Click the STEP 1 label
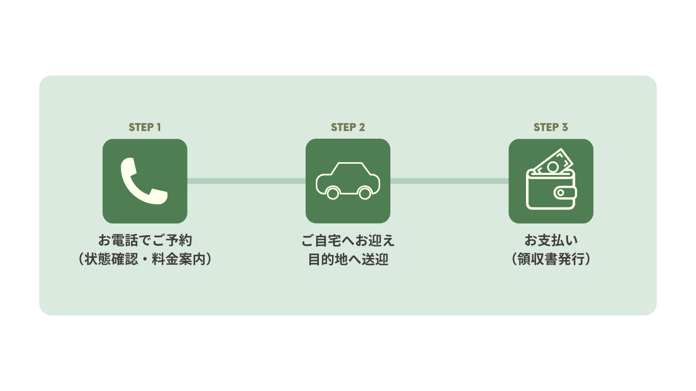[145, 127]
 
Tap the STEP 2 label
[348, 127]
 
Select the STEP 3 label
[551, 127]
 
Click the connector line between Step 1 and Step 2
[246, 181]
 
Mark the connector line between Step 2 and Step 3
[449, 181]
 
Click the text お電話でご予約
[145, 240]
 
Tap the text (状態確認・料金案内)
[145, 259]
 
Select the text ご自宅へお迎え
[348, 240]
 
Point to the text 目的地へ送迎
[348, 259]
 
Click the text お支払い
[551, 240]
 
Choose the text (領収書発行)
[551, 259]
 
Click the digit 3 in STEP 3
[565, 127]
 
